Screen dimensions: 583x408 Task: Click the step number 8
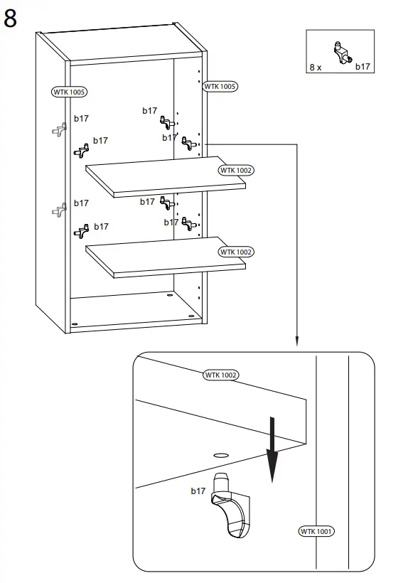tap(11, 18)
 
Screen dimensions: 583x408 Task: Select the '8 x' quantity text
tap(316, 67)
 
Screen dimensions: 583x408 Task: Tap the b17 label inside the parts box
tap(363, 67)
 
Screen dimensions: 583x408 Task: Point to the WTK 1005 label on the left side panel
tap(70, 92)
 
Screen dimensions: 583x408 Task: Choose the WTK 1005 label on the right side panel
tap(220, 86)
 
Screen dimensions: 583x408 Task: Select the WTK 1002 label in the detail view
tap(221, 375)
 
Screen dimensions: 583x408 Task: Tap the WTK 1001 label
tap(316, 531)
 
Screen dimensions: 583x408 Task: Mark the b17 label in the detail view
tap(198, 491)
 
